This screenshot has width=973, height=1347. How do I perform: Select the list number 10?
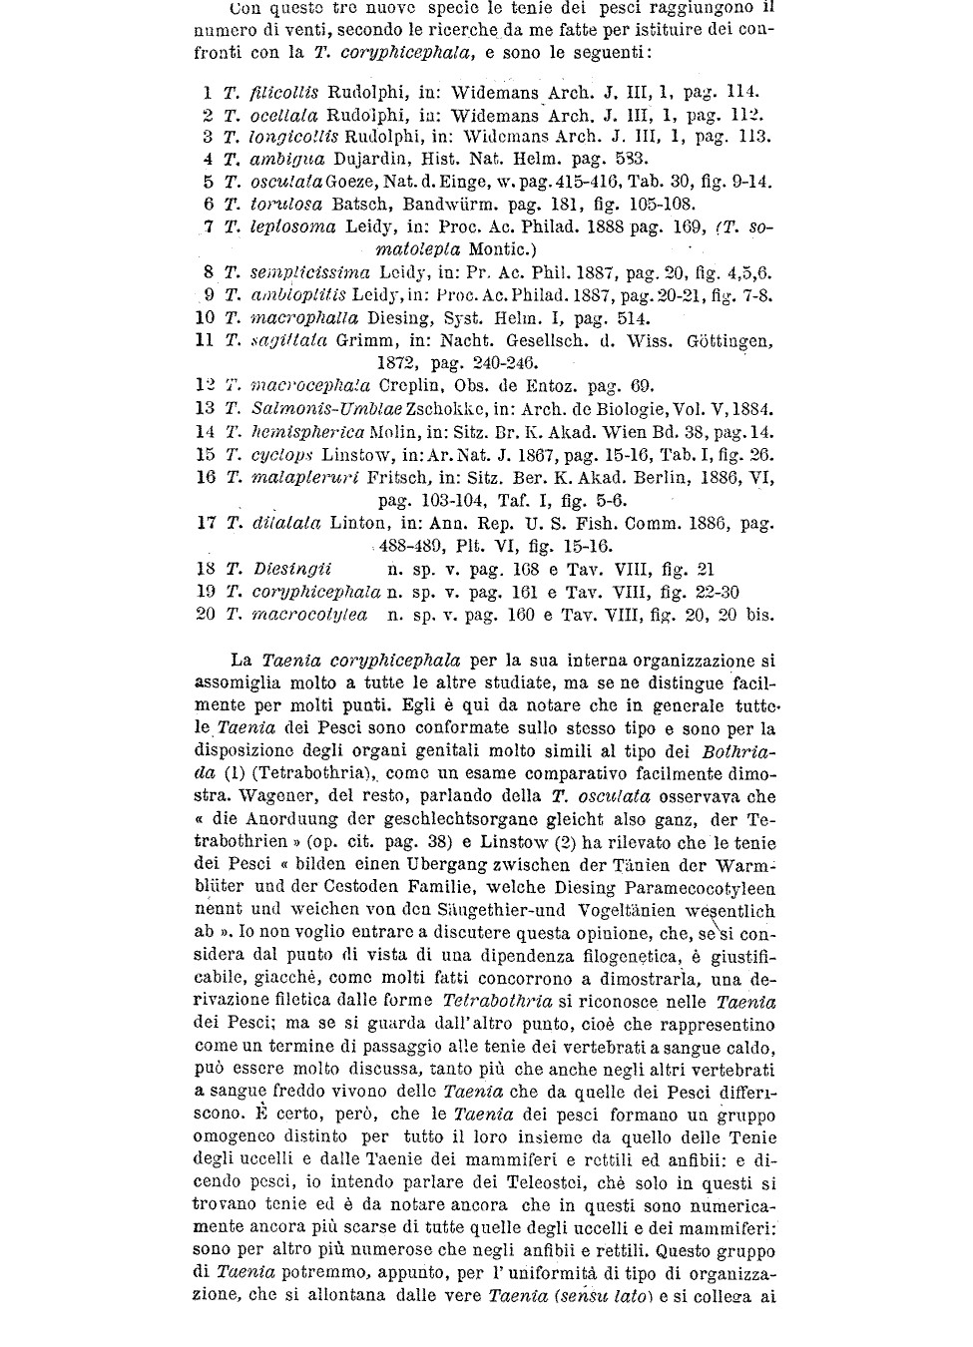tap(206, 318)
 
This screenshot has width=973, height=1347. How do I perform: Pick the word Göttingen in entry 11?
tap(730, 341)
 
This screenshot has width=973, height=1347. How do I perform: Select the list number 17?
tap(206, 523)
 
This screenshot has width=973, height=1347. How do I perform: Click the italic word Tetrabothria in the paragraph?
tap(491, 1000)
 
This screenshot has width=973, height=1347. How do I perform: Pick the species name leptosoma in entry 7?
tap(292, 227)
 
